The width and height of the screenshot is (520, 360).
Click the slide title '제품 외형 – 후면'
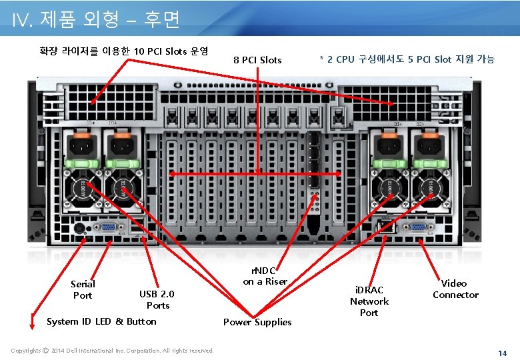(96, 21)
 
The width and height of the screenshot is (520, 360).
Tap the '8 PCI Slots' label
(257, 60)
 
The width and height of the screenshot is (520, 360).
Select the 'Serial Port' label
(83, 289)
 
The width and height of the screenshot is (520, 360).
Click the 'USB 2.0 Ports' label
(157, 299)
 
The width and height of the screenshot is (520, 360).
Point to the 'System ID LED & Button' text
(101, 321)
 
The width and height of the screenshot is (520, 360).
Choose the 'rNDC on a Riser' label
(265, 276)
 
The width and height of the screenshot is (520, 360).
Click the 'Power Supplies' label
(257, 322)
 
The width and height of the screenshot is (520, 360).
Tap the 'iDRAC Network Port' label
(369, 301)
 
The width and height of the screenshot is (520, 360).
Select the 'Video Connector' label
(455, 289)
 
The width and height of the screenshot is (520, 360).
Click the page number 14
(503, 351)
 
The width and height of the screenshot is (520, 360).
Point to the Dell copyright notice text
(113, 351)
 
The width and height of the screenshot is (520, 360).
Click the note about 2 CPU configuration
(407, 60)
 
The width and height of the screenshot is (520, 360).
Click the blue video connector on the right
(419, 227)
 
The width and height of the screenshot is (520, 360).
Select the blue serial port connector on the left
(107, 227)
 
